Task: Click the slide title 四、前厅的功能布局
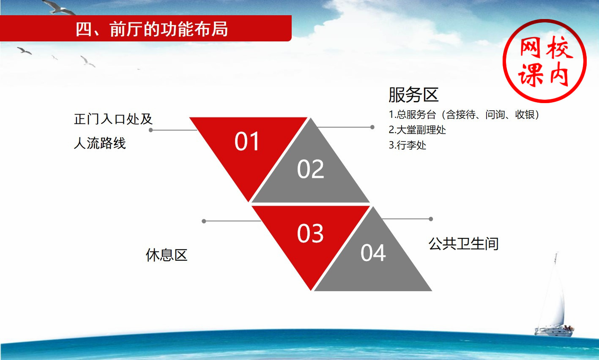[x=152, y=29]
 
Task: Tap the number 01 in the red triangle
[x=246, y=141]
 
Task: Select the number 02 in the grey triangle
[x=310, y=169]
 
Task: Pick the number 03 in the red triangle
[x=310, y=233]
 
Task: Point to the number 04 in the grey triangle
[x=373, y=253]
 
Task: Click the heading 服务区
[x=413, y=95]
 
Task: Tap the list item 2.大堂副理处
[x=417, y=130]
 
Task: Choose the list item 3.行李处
[x=407, y=145]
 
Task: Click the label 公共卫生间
[x=464, y=243]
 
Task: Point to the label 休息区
[x=166, y=255]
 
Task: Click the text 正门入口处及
[x=113, y=119]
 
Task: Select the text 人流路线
[x=100, y=143]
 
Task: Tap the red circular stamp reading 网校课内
[x=544, y=61]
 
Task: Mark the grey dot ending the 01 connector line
[x=151, y=130]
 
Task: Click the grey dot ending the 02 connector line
[x=372, y=127]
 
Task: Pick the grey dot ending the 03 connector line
[x=204, y=221]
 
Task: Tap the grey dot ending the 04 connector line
[x=431, y=219]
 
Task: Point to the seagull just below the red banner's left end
[x=25, y=51]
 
